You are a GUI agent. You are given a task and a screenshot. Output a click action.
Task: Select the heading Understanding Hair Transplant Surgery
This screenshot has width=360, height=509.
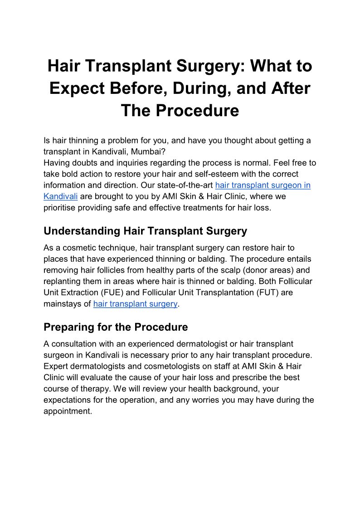click(x=145, y=231)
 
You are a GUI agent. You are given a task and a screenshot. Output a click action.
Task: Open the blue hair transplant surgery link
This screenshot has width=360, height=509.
click(x=135, y=304)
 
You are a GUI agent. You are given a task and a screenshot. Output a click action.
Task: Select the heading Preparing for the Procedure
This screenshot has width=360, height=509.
click(x=116, y=327)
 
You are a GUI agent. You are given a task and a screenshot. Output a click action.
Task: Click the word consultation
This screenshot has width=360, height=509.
click(x=74, y=344)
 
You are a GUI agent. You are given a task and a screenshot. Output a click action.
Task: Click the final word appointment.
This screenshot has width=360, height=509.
click(x=68, y=411)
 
